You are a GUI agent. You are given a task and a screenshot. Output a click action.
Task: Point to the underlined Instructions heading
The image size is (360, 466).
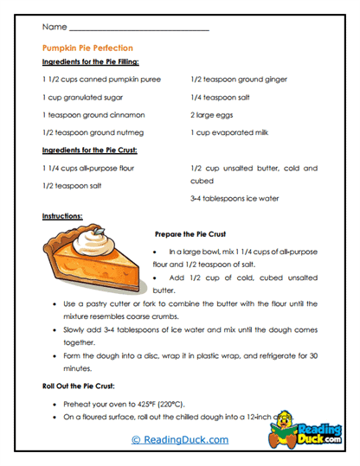[62, 215]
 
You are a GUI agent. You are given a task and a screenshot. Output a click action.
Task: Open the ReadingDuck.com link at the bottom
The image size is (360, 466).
[179, 439]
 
